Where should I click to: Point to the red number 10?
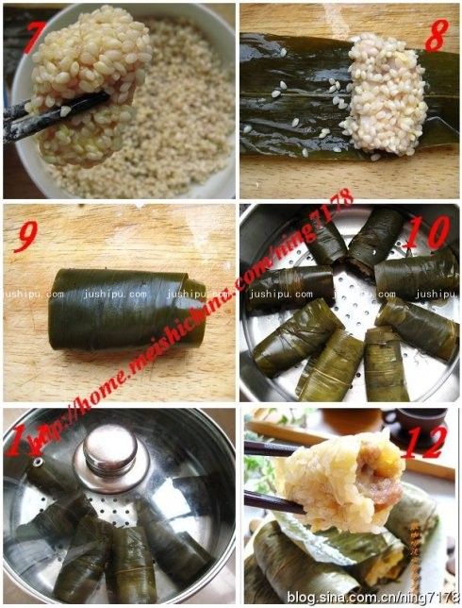pyautogui.click(x=437, y=231)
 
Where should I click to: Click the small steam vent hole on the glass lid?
pyautogui.click(x=38, y=462)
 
